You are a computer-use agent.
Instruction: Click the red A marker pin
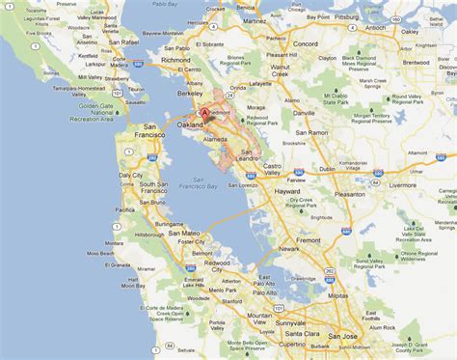[x=203, y=114]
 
